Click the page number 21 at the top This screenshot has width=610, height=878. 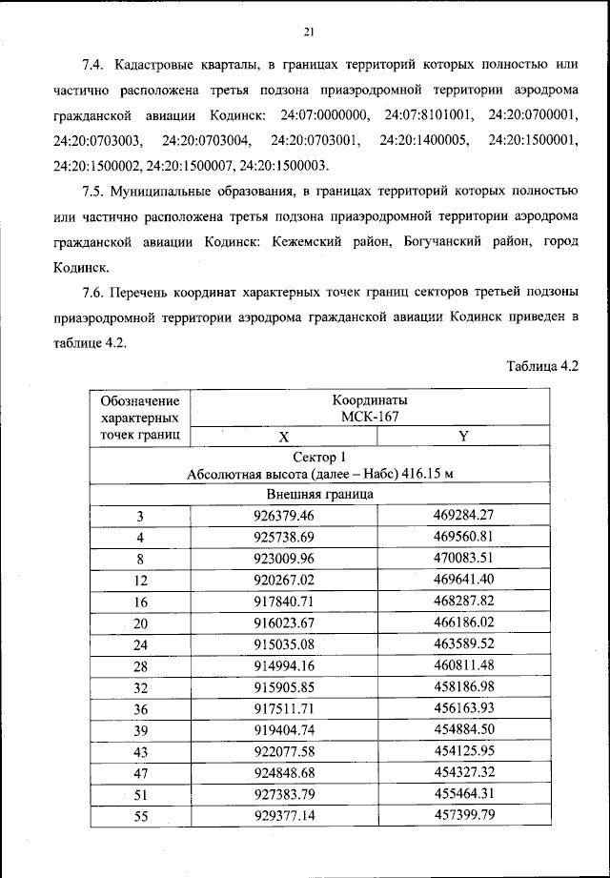[x=308, y=32]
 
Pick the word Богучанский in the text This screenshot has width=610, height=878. [x=453, y=243]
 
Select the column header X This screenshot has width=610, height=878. [x=283, y=438]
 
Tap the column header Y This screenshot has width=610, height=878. [x=463, y=438]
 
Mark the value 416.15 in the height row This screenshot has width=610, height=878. [x=421, y=475]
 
